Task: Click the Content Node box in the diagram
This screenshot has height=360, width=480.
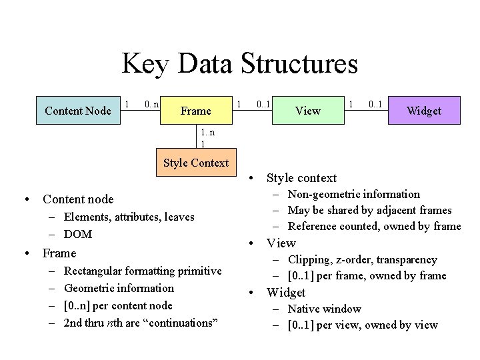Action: tap(77, 111)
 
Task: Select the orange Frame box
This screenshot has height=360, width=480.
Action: tap(195, 111)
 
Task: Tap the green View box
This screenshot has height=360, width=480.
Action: tap(307, 111)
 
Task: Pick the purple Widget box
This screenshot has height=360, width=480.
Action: tap(424, 111)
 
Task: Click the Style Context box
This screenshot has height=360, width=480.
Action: tap(195, 163)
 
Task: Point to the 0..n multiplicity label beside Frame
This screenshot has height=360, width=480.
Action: tap(151, 104)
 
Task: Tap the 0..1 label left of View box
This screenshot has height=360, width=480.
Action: tap(263, 104)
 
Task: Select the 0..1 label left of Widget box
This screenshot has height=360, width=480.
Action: tap(375, 104)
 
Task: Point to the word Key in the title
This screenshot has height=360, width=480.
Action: tap(144, 64)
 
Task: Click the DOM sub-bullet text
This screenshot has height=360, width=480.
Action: tap(78, 234)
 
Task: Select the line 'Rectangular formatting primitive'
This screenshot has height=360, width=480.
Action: tap(143, 271)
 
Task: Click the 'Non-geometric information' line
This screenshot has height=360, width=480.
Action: tap(353, 194)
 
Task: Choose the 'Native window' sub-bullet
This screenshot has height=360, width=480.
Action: tap(324, 309)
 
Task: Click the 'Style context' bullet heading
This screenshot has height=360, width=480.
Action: tap(301, 177)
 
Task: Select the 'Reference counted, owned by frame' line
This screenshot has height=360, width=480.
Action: tap(374, 226)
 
